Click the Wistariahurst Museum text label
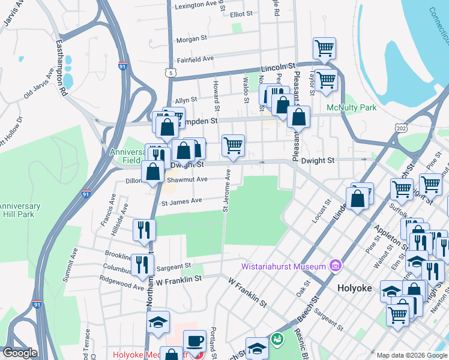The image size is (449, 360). pos(284,266)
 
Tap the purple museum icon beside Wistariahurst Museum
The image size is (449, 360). pos(335,265)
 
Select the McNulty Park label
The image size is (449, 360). pos(351,108)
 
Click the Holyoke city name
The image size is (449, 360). pos(356,287)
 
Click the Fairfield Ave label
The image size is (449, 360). pos(195,59)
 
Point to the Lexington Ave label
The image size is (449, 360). pos(193,7)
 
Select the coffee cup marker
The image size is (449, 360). pos(194,341)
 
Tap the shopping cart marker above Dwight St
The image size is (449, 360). pos(233,145)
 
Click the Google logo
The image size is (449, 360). pos(20,353)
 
